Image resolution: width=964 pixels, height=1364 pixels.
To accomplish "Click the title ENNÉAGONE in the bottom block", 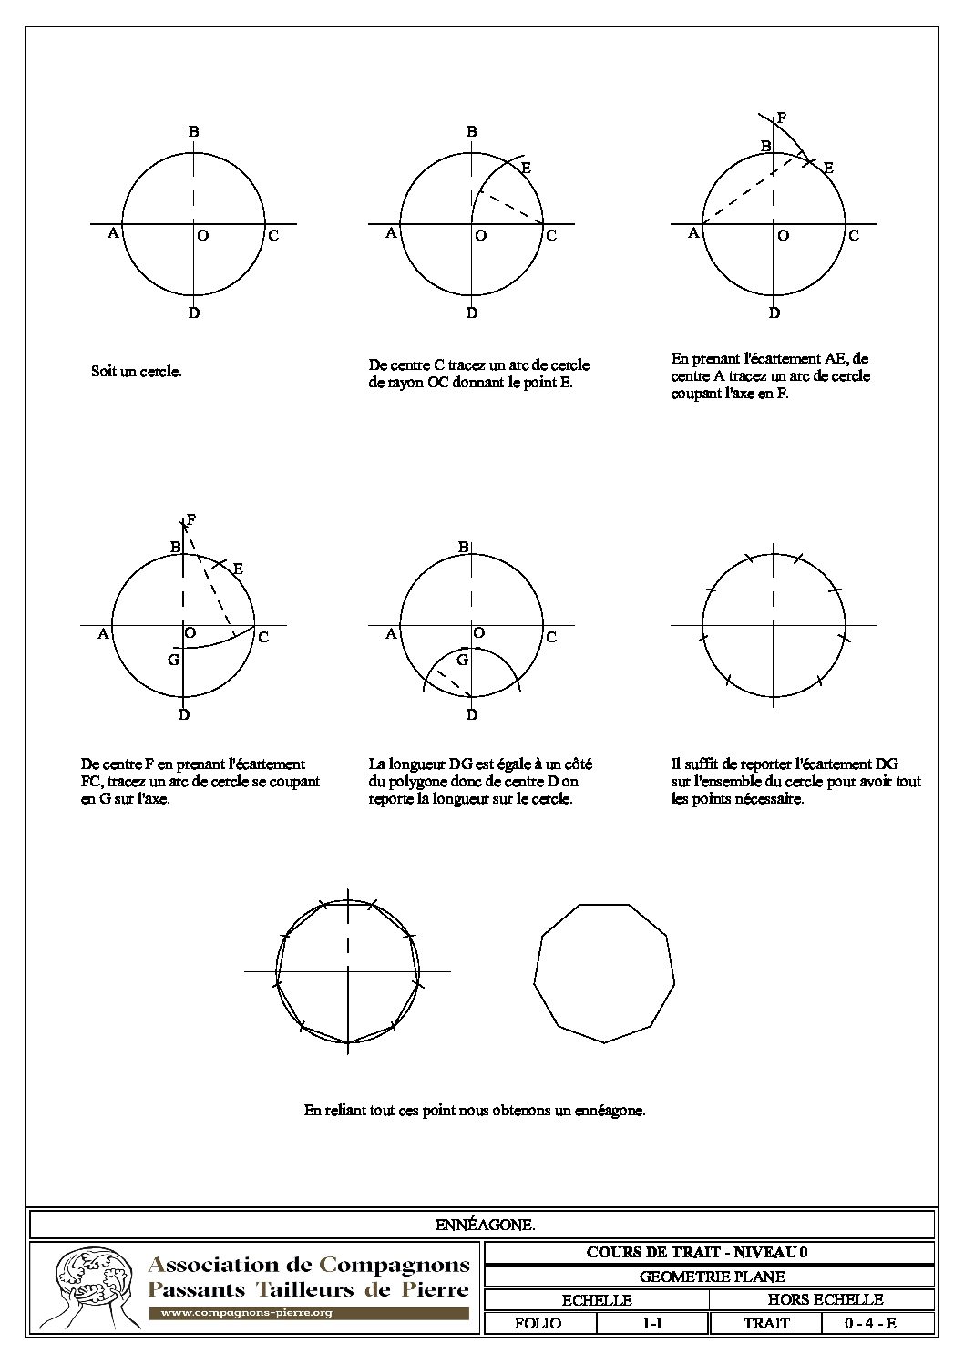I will [x=485, y=1225].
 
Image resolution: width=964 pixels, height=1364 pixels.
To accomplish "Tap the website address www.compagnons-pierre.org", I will [x=246, y=1313].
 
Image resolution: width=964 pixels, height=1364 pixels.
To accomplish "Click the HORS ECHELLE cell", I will [x=825, y=1299].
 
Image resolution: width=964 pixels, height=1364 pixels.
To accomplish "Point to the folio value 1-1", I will [x=651, y=1323].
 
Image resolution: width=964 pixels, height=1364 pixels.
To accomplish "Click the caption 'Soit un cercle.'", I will [x=137, y=372].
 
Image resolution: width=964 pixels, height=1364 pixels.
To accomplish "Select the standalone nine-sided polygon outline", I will [x=604, y=972].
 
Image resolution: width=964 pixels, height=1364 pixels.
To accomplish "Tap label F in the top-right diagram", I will [x=782, y=118].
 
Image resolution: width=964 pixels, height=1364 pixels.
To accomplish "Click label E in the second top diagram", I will [x=526, y=168].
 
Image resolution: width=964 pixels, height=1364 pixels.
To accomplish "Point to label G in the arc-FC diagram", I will [x=173, y=659].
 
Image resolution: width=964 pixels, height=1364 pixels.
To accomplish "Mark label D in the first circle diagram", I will [x=194, y=313].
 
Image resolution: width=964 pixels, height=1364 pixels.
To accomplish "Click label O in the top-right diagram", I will [x=783, y=235].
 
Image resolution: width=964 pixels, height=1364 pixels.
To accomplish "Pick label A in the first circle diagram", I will [x=113, y=233].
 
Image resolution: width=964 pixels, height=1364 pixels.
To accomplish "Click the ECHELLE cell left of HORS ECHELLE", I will [x=597, y=1299].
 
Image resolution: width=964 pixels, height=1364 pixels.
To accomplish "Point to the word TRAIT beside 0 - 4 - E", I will [x=766, y=1323].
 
